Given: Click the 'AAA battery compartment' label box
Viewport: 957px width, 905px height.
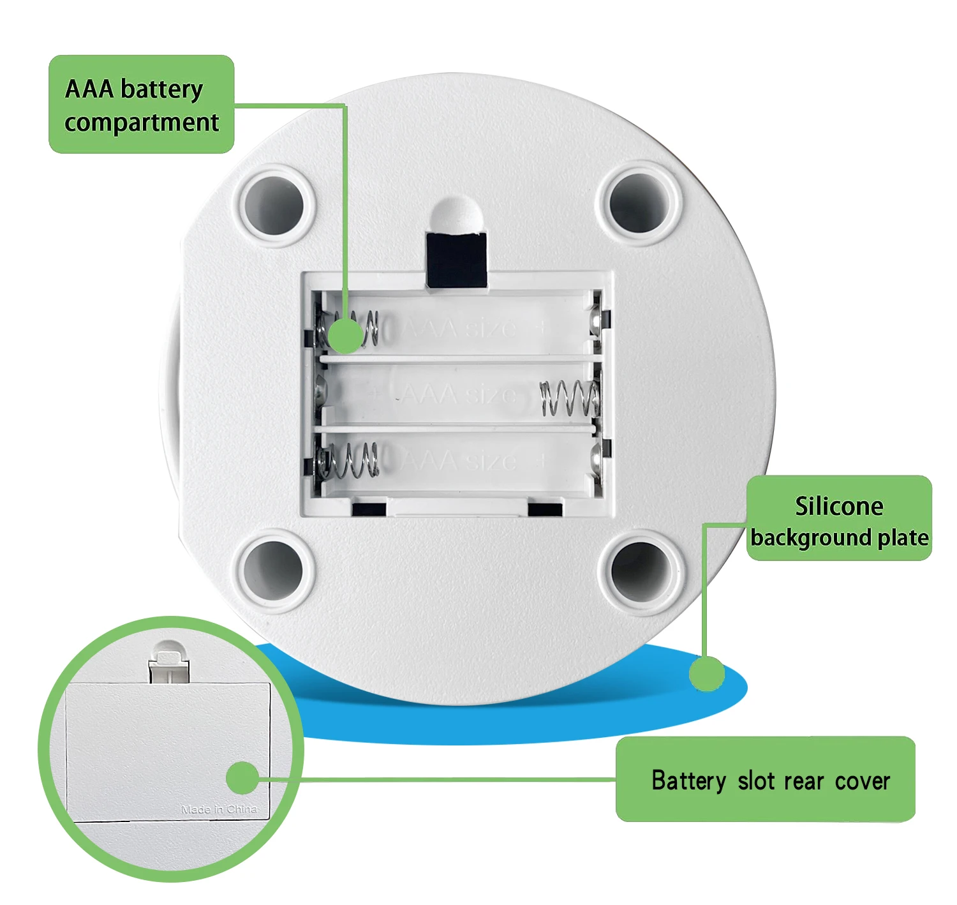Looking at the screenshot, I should [x=141, y=104].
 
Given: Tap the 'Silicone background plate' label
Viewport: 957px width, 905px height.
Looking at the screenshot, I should [x=838, y=518].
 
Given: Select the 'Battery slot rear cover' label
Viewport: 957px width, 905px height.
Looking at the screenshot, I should [x=766, y=779].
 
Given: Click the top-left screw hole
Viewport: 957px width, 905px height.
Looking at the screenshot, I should [x=275, y=204].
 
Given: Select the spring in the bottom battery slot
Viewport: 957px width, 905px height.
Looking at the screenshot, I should [x=349, y=460].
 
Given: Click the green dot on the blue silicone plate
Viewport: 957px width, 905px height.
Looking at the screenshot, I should [x=707, y=673].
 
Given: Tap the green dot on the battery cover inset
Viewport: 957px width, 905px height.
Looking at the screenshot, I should [x=243, y=778].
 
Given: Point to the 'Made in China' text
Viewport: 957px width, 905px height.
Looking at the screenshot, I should [x=219, y=809].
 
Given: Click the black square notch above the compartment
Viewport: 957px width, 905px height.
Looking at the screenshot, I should [x=456, y=260].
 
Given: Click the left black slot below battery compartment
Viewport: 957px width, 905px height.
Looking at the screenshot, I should [x=369, y=509].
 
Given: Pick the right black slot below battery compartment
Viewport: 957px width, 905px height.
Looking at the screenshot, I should [x=545, y=509].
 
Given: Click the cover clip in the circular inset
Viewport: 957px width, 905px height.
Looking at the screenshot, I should [x=169, y=664].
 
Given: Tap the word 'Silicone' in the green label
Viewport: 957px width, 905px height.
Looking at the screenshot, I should [x=838, y=506].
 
